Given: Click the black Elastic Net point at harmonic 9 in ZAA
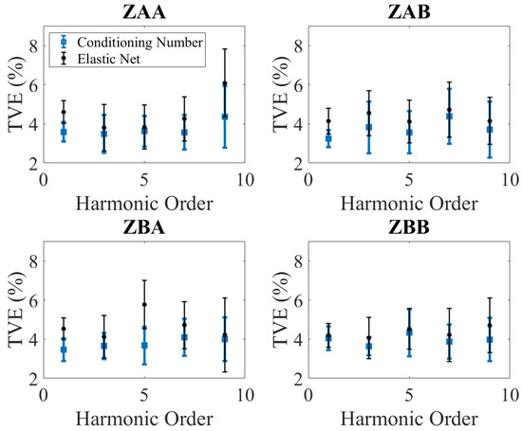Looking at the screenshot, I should click(x=225, y=83).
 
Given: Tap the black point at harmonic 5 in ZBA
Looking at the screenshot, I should click(x=144, y=305).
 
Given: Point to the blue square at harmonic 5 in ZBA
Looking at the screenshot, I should click(x=144, y=345).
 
